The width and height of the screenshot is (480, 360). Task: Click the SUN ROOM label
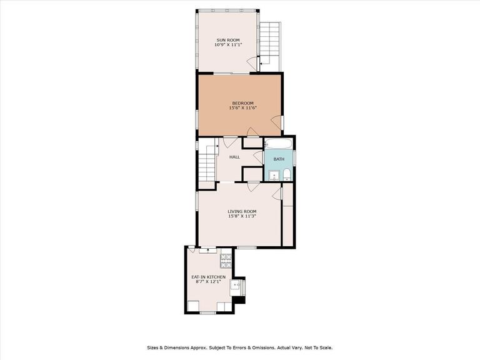[228, 40]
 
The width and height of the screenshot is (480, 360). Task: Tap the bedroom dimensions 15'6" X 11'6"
[242, 107]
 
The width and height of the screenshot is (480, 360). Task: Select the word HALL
[235, 157]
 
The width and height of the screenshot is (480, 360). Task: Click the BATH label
[279, 159]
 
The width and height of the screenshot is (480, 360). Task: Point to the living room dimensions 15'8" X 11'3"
[242, 216]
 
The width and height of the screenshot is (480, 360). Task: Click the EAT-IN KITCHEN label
[209, 277]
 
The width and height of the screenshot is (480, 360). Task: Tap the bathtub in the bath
[278, 144]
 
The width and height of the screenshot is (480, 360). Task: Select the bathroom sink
[274, 176]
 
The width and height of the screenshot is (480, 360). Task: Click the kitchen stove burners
[226, 261]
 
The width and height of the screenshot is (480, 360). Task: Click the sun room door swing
[252, 63]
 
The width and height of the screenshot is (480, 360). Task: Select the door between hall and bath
[259, 157]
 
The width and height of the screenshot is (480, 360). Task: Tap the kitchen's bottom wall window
[208, 312]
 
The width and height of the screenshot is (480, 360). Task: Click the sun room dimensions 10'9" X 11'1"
[228, 45]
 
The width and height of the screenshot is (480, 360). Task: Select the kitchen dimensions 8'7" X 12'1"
[209, 282]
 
